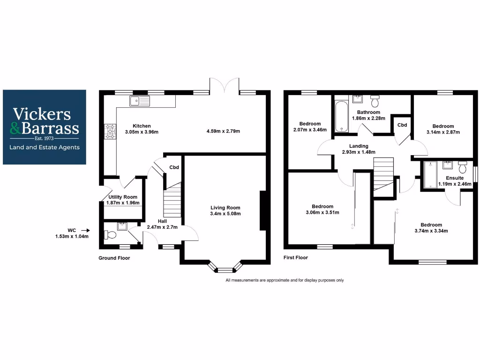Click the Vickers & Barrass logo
(x=45, y=127)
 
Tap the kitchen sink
(x=140, y=101)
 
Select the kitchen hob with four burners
(x=111, y=131)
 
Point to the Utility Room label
(x=123, y=197)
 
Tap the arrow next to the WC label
(x=85, y=230)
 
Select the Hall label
(x=162, y=221)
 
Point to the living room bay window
(x=225, y=269)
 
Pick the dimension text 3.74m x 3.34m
(x=431, y=231)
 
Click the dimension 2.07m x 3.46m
(x=310, y=129)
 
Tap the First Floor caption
(x=296, y=258)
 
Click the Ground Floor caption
(x=114, y=258)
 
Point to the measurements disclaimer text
(x=285, y=280)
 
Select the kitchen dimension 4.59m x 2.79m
(x=223, y=131)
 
